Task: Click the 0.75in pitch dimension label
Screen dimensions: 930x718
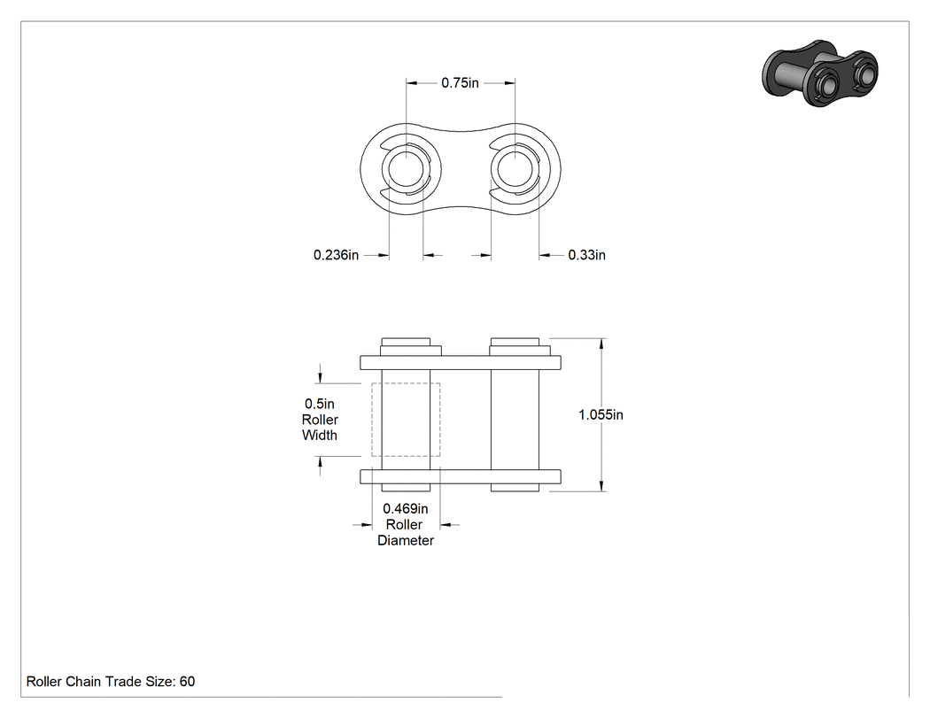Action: pos(460,83)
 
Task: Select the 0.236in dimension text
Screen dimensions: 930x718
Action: pos(337,255)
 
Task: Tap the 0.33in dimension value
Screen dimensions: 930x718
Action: pos(586,255)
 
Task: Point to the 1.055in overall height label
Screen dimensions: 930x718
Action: pos(601,415)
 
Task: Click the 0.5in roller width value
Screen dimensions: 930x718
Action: pos(320,404)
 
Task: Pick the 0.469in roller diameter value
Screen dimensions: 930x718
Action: pos(405,509)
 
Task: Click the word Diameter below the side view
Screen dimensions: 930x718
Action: pos(406,541)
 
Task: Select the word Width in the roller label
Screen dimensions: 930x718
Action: pos(320,436)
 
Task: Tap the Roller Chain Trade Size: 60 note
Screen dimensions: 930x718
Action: pos(111,682)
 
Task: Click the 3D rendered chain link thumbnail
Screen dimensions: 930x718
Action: pos(819,73)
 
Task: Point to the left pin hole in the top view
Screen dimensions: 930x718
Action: pos(406,168)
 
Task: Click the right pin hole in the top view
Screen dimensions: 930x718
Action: pos(515,168)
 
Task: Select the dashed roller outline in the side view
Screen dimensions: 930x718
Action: pos(372,420)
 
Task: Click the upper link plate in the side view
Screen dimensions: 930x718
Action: pos(461,363)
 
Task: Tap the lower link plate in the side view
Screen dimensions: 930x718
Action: pos(461,476)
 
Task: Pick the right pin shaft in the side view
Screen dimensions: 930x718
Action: pos(515,420)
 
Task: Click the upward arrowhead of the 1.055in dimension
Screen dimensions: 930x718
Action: pos(602,344)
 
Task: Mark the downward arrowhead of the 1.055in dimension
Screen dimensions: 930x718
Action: pos(602,485)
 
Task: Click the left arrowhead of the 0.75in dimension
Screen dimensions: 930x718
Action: pos(412,83)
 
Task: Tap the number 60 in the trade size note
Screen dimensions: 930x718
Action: pos(188,682)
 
